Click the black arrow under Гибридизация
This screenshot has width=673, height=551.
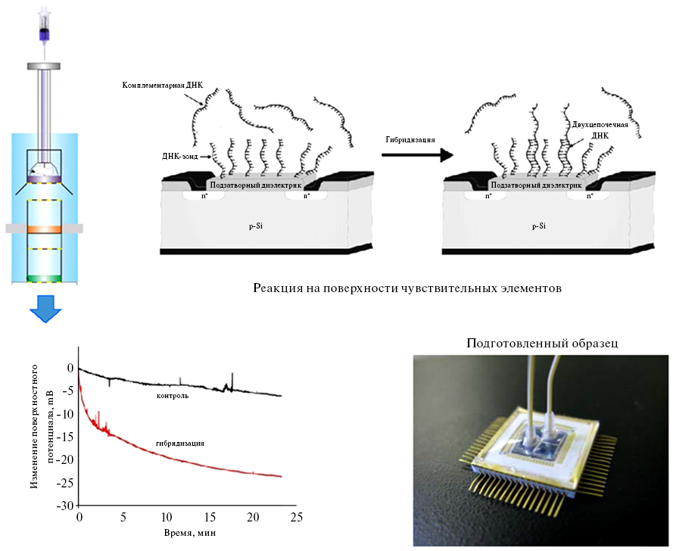click(417, 154)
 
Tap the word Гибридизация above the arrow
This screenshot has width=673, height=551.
click(411, 139)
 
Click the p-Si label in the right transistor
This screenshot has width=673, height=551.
click(539, 225)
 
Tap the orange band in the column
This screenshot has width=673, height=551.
click(43, 228)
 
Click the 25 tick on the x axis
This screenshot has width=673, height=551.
click(296, 518)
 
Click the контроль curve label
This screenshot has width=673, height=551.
click(173, 396)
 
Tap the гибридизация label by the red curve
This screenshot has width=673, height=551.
click(182, 443)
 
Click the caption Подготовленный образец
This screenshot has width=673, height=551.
click(542, 343)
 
